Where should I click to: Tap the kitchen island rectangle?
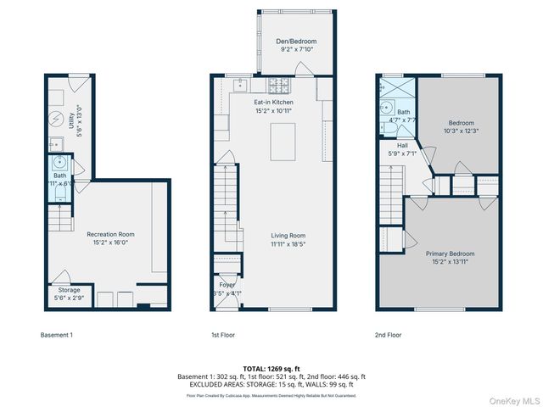[x=283, y=141]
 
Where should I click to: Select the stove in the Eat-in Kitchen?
[x=279, y=86]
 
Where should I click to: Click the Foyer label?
[x=227, y=285]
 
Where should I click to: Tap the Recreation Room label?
[x=110, y=234]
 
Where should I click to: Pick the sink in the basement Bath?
[x=60, y=164]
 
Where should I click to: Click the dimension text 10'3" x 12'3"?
[x=462, y=131]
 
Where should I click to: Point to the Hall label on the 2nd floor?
[x=403, y=146]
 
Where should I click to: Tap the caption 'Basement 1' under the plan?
[x=57, y=335]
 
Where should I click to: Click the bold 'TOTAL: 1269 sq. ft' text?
[x=271, y=369]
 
